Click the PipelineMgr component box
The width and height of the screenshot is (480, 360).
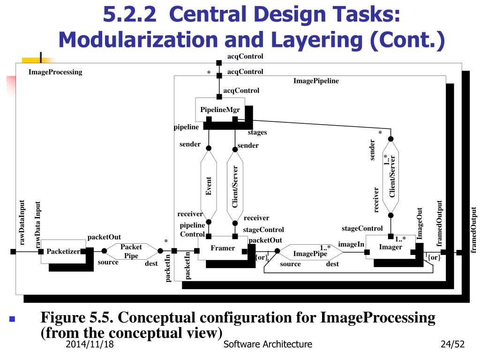(x=220, y=110)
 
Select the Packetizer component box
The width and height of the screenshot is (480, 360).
(x=63, y=251)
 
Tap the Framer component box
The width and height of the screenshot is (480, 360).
(x=223, y=248)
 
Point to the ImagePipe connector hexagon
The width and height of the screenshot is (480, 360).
(x=310, y=253)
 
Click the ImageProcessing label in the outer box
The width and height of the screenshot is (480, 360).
(x=55, y=72)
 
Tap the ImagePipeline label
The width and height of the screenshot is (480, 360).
(x=316, y=81)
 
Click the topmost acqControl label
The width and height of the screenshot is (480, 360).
(x=245, y=56)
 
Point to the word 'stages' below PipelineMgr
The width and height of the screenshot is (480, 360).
(x=257, y=132)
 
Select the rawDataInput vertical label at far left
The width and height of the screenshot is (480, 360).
(x=22, y=223)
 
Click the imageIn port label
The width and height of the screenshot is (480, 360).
(x=351, y=244)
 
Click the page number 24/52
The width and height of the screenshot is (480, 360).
(x=452, y=345)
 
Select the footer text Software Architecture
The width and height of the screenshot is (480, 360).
(x=268, y=345)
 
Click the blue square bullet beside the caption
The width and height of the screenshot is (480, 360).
(x=12, y=320)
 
